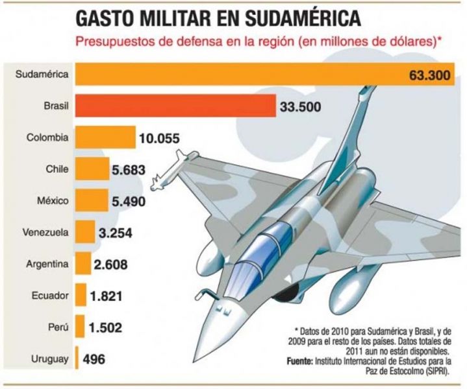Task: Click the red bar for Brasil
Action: (x=175, y=106)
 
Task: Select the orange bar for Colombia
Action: (x=106, y=137)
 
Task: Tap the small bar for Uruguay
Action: (x=78, y=358)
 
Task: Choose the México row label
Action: (x=51, y=200)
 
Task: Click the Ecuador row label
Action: (x=49, y=295)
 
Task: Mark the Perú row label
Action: (x=56, y=326)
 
